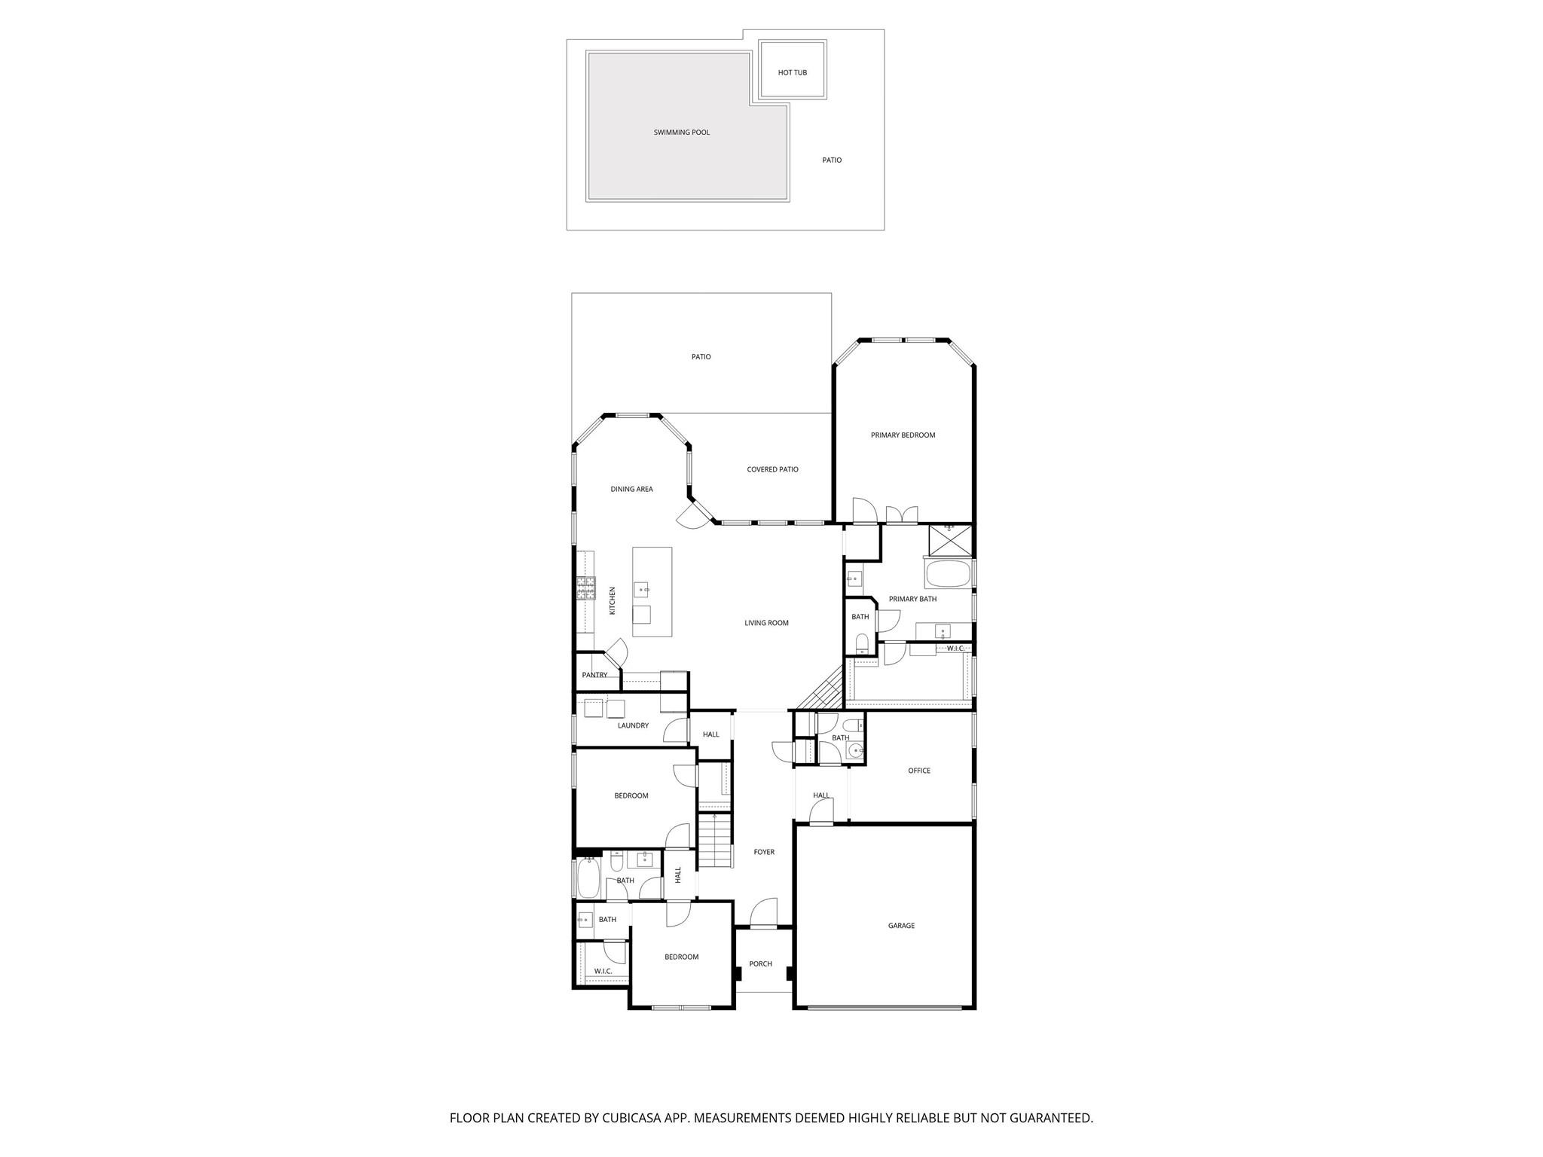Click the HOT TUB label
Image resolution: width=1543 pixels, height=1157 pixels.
pyautogui.click(x=792, y=72)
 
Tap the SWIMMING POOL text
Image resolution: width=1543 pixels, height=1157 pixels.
pyautogui.click(x=681, y=133)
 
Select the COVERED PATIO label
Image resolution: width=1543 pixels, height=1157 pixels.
pyautogui.click(x=772, y=469)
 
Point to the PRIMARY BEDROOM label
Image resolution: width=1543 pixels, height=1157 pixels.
pyautogui.click(x=903, y=435)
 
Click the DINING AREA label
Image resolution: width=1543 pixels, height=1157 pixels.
pyautogui.click(x=631, y=490)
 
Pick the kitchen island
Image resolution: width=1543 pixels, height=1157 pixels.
pyautogui.click(x=652, y=592)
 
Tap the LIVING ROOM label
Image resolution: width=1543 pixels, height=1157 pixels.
pyautogui.click(x=766, y=623)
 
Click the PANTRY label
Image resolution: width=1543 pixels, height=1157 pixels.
pyautogui.click(x=594, y=675)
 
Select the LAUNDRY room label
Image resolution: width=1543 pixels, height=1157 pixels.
pyautogui.click(x=633, y=726)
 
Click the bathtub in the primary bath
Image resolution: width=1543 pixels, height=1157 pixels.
pyautogui.click(x=948, y=574)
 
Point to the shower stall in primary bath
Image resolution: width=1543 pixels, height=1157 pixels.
pyautogui.click(x=950, y=540)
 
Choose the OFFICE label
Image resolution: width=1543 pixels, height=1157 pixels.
pyautogui.click(x=919, y=771)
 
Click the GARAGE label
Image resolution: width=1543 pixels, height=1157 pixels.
pyautogui.click(x=901, y=926)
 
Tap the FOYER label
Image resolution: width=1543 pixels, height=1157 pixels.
pyautogui.click(x=764, y=852)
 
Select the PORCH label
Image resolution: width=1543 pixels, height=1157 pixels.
pyautogui.click(x=760, y=964)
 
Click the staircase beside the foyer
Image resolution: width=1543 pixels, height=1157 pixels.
pyautogui.click(x=715, y=841)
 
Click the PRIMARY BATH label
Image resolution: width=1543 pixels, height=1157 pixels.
pyautogui.click(x=912, y=600)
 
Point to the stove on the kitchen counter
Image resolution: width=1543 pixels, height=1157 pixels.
pyautogui.click(x=585, y=588)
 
